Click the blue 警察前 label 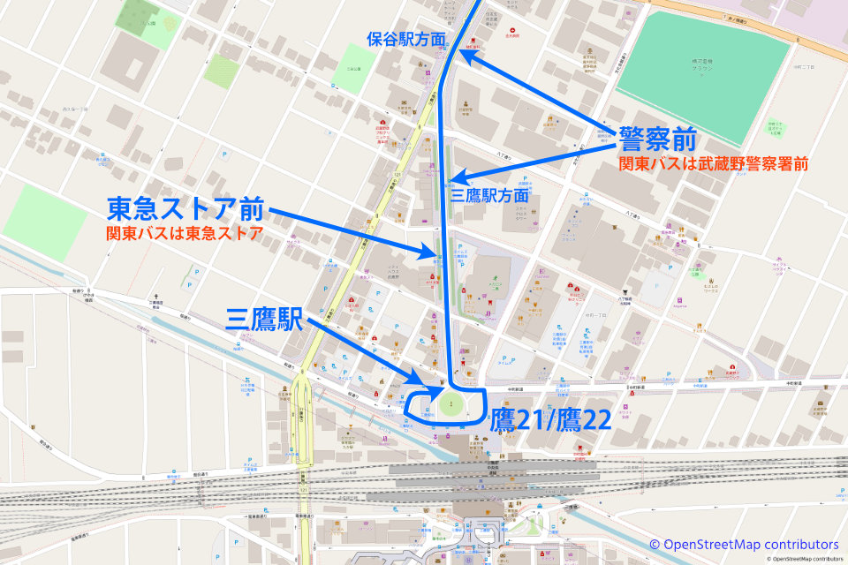click(x=658, y=139)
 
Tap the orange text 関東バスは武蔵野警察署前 click(x=714, y=164)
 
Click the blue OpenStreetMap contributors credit click(x=744, y=544)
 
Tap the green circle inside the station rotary click(x=450, y=407)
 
